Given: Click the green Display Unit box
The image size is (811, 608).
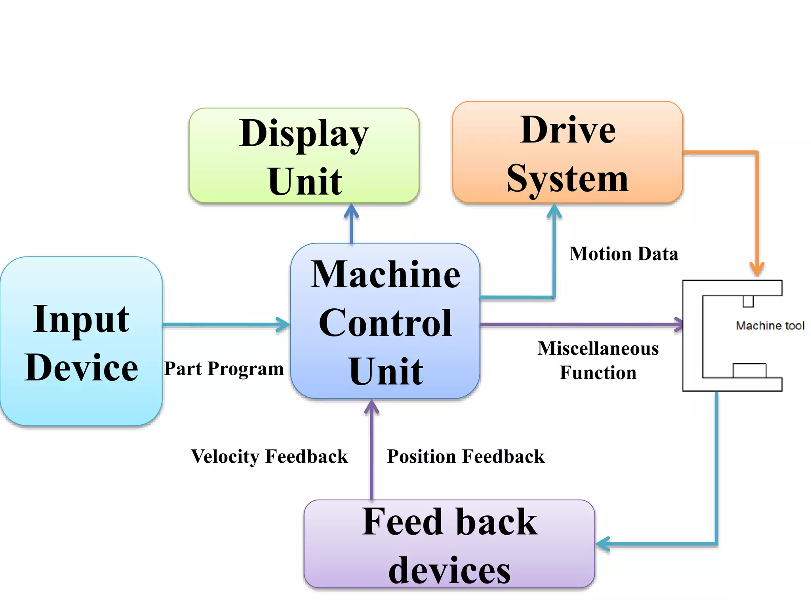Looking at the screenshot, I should [x=304, y=156].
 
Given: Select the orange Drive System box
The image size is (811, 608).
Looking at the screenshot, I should [x=567, y=152].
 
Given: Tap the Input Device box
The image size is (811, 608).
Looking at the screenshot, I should [x=81, y=341].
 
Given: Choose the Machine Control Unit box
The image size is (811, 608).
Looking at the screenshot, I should [x=385, y=321].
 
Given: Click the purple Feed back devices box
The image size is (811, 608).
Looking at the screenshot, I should [x=449, y=544].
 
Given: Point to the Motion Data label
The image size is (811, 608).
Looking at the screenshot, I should [x=624, y=254].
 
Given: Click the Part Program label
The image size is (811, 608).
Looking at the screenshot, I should [x=224, y=369].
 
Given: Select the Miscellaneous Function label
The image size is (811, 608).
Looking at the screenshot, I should [x=598, y=361].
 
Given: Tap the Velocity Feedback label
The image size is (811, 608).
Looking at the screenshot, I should [x=269, y=456].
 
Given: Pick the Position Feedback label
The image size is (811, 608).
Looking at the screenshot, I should [x=466, y=456].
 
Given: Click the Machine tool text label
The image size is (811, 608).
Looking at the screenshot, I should [x=770, y=326].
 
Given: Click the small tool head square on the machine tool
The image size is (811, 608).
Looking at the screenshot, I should [x=748, y=301].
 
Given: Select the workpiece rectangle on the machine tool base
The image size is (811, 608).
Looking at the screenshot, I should [x=749, y=371].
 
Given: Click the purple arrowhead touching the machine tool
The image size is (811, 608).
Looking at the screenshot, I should [x=679, y=325].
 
